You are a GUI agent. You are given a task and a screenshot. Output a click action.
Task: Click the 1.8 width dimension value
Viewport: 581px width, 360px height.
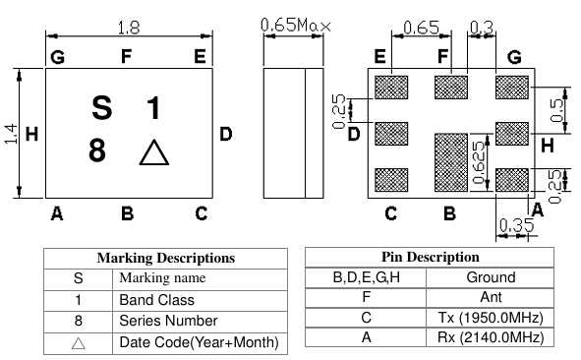(128, 26)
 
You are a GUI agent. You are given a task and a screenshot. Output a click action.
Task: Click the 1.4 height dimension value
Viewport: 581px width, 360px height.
(11, 134)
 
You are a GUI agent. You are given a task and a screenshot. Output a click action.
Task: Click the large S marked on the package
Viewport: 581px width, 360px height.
(101, 106)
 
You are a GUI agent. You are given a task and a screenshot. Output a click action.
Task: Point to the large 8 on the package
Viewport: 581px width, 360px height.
(97, 151)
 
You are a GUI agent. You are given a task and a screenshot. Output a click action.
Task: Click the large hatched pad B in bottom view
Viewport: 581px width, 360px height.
(451, 161)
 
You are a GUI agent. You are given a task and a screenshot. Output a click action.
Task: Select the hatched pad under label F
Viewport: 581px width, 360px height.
(451, 87)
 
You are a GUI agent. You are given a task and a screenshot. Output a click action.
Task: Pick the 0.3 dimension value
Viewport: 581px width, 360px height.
(482, 28)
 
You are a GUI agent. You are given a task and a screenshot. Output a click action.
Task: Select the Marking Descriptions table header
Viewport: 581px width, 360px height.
(165, 258)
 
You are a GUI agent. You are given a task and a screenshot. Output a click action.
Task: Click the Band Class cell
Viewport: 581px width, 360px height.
(156, 299)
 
